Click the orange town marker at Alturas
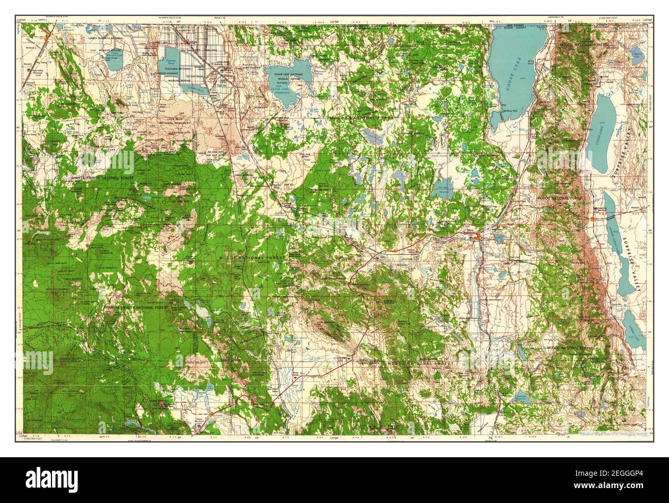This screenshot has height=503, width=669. pyautogui.click(x=478, y=237)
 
